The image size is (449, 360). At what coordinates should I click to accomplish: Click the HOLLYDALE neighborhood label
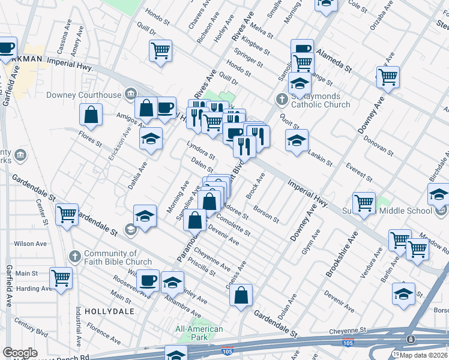[x=107, y=311]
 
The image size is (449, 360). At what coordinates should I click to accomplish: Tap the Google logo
[x=20, y=353]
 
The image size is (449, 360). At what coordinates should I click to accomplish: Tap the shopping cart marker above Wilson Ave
[x=67, y=214]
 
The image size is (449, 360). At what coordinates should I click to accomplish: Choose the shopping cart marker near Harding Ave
[x=61, y=277]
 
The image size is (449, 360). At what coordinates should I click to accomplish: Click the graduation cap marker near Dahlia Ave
[x=151, y=139]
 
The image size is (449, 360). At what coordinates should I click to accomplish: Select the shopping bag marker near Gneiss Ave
[x=241, y=295]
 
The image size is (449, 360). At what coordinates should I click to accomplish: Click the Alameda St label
[x=333, y=59]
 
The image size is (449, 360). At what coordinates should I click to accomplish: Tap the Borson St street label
[x=267, y=215]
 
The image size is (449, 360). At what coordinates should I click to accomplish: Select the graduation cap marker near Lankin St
[x=297, y=140]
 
